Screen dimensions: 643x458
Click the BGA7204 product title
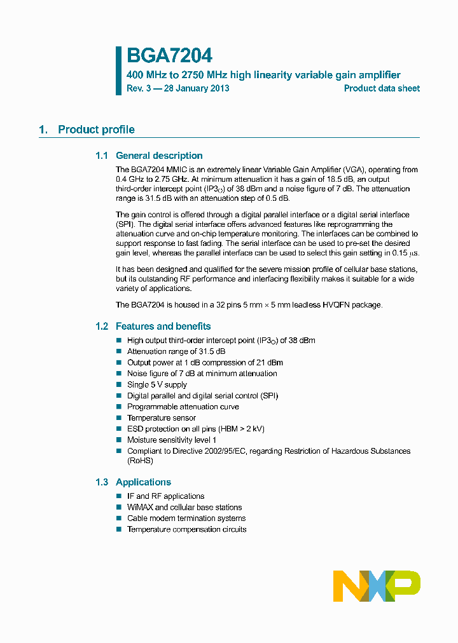(169, 57)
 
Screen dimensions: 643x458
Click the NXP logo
(377, 586)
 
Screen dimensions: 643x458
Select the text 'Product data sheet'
(382, 88)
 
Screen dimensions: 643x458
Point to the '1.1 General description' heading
(149, 156)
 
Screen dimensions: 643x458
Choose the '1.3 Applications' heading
(133, 482)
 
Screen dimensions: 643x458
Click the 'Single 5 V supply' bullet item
(157, 384)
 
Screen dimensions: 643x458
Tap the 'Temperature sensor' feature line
(162, 418)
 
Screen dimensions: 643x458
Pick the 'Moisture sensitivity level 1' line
(172, 440)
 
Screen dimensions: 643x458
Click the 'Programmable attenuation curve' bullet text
(183, 407)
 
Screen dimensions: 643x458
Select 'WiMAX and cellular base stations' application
(184, 507)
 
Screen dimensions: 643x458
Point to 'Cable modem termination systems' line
(186, 518)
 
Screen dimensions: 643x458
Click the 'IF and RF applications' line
(166, 496)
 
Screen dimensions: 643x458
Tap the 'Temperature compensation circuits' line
(187, 529)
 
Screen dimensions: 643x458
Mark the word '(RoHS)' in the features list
(140, 461)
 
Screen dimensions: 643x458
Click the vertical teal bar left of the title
(118, 71)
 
